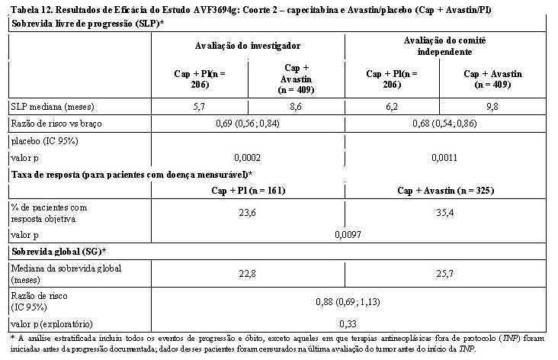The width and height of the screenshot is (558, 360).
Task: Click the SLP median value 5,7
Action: (199, 107)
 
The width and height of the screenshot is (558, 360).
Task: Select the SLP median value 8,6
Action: (296, 107)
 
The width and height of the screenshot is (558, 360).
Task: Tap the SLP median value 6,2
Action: (392, 107)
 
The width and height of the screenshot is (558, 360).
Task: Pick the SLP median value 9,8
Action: (492, 107)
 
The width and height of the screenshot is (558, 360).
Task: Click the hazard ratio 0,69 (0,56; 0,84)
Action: (248, 124)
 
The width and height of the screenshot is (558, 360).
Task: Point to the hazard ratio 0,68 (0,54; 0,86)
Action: (444, 124)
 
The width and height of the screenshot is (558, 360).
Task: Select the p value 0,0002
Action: (247, 158)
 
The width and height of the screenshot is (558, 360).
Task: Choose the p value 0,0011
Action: (444, 158)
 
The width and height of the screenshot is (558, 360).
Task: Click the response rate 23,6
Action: (247, 213)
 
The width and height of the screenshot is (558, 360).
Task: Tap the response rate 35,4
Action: (445, 213)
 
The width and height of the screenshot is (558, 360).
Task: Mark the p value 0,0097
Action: (348, 235)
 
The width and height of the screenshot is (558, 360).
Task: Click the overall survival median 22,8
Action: (247, 274)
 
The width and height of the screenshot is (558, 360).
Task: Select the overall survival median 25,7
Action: (445, 274)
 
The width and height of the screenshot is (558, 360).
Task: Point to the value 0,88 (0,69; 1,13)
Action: (348, 302)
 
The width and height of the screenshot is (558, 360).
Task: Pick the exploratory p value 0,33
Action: (348, 323)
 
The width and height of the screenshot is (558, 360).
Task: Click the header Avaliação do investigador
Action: (248, 46)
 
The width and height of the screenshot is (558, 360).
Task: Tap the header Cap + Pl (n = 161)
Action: (249, 191)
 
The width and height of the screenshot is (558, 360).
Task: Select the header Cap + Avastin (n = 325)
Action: (445, 191)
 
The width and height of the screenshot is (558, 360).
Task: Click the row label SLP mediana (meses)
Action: (53, 107)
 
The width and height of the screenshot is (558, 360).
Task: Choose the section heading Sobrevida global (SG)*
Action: (59, 252)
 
